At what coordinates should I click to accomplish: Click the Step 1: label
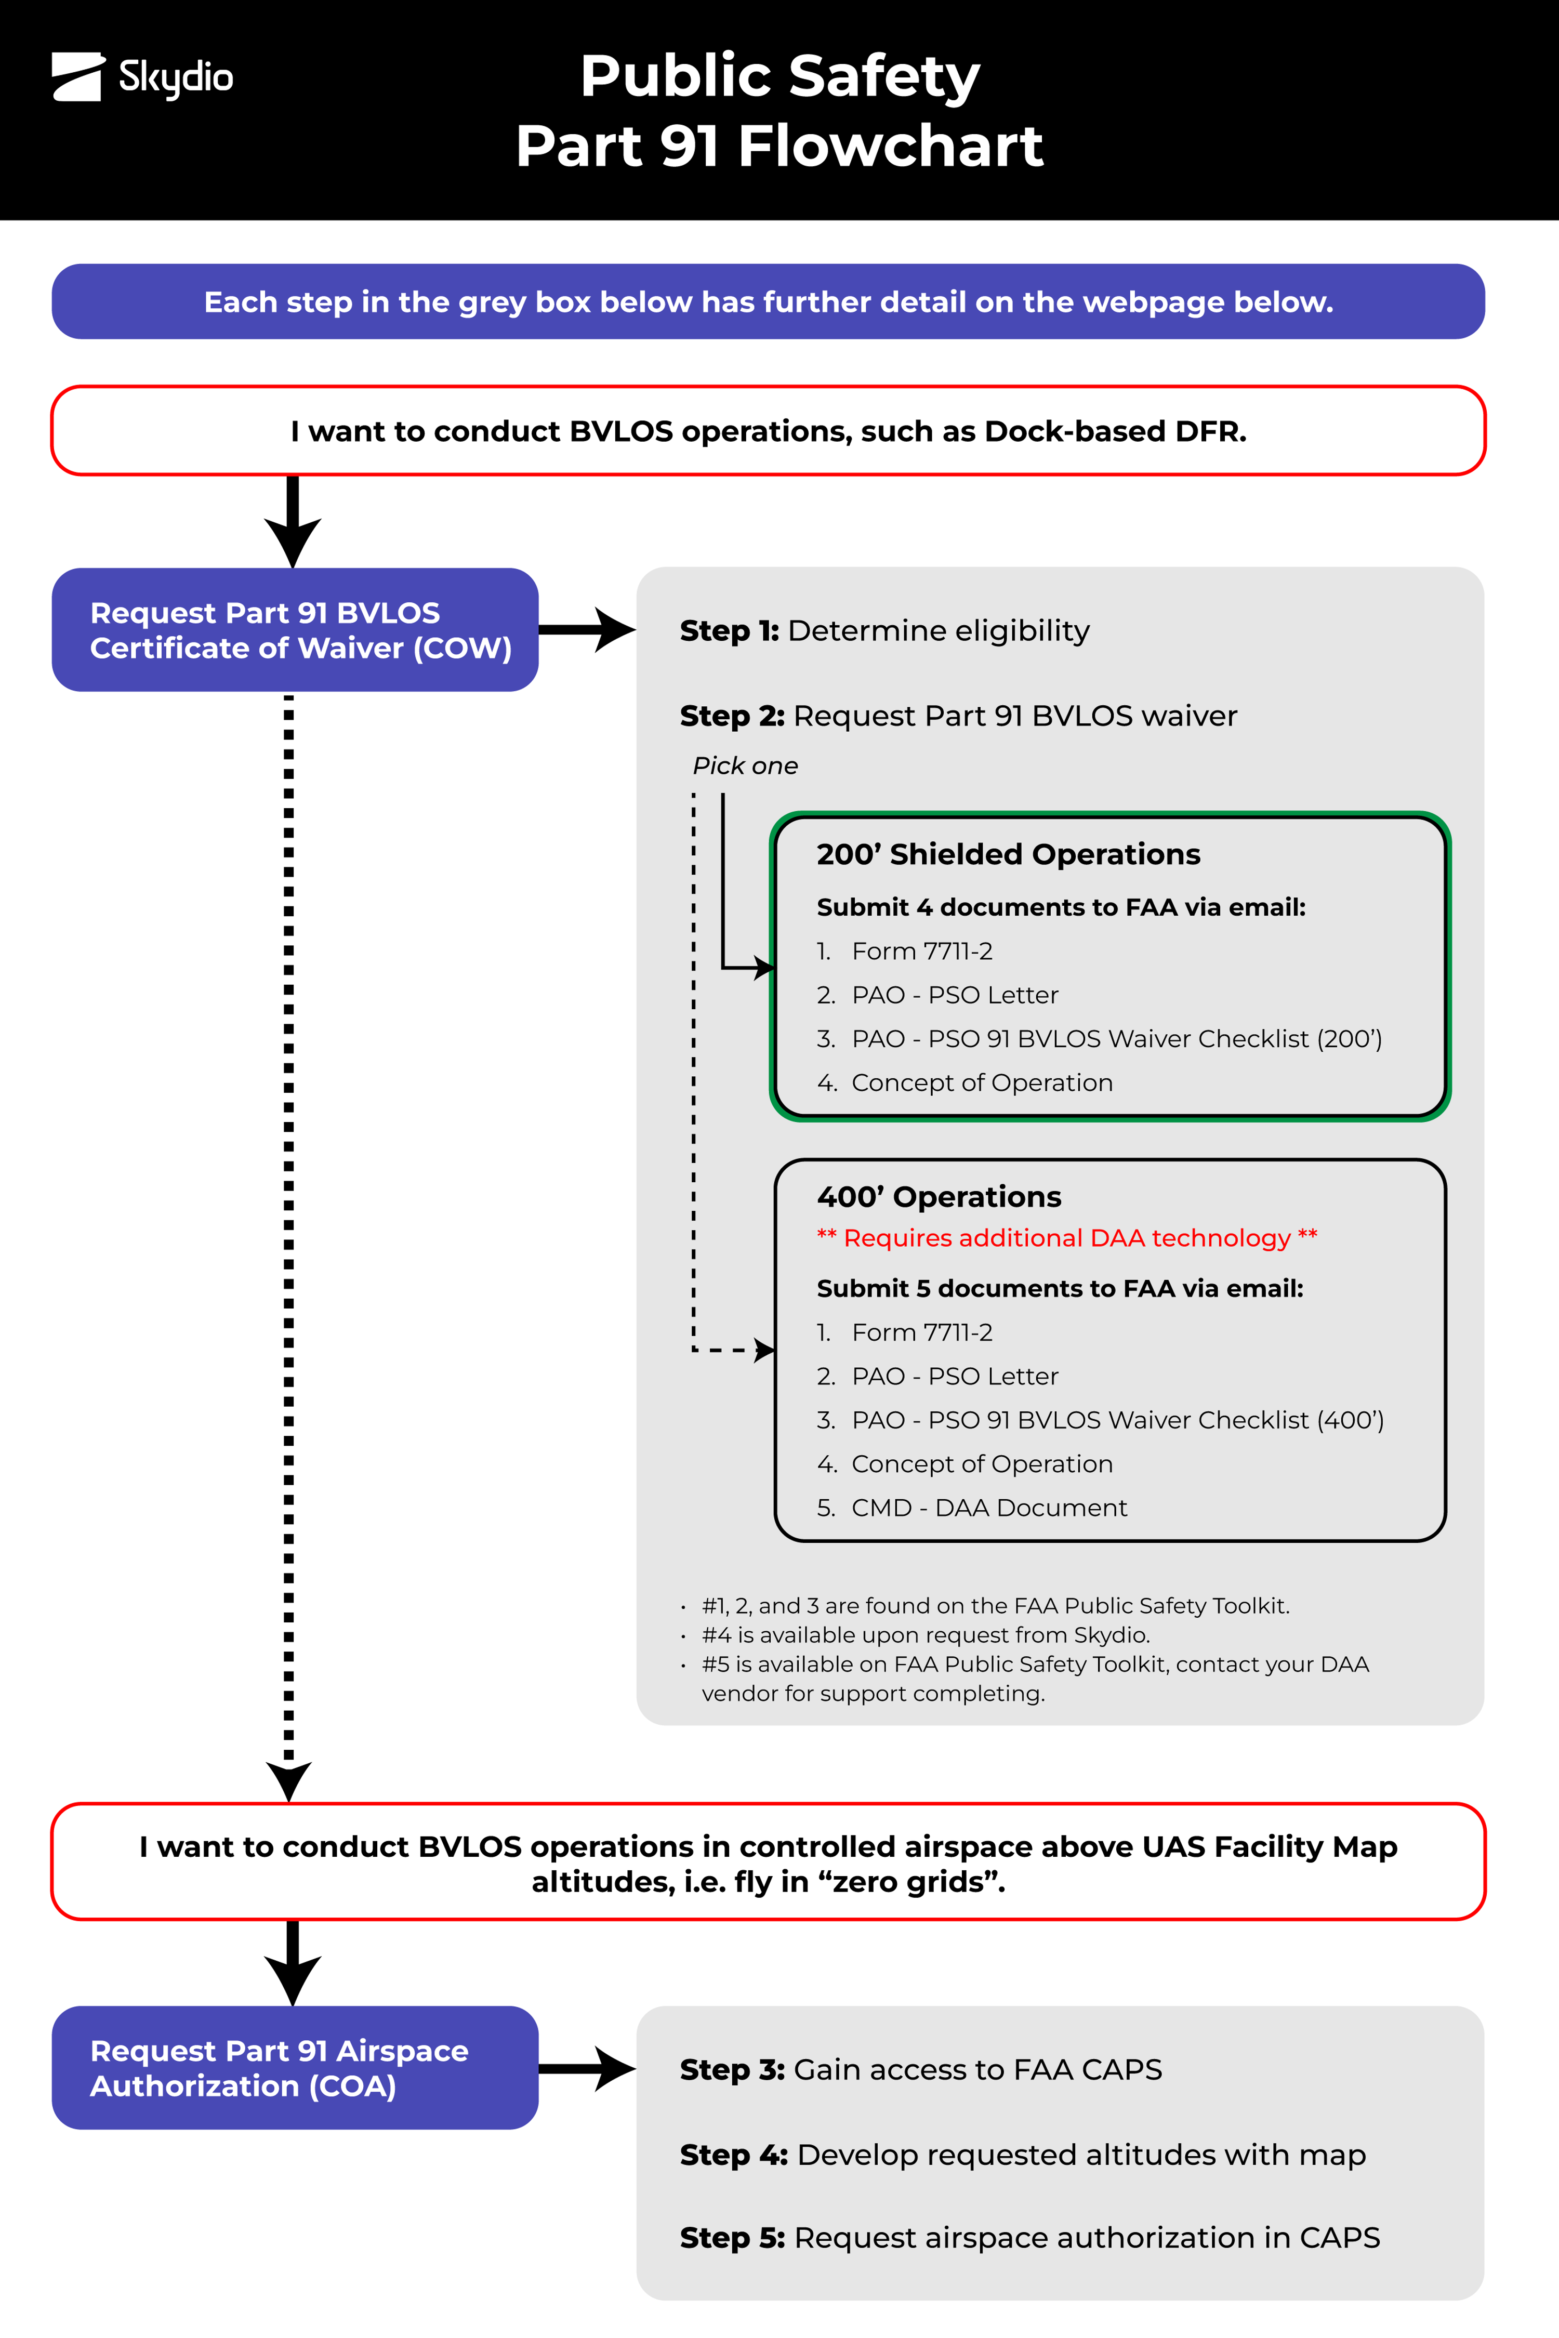click(x=729, y=631)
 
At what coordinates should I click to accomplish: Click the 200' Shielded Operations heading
click(x=1008, y=855)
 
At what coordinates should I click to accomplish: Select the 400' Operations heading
click(x=939, y=1197)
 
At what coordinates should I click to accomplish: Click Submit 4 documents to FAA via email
click(x=1060, y=907)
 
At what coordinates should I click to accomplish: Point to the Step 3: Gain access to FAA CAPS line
click(x=921, y=2070)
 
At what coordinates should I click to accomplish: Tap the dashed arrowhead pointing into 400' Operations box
click(x=763, y=1350)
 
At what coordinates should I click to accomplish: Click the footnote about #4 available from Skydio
click(x=924, y=1635)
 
